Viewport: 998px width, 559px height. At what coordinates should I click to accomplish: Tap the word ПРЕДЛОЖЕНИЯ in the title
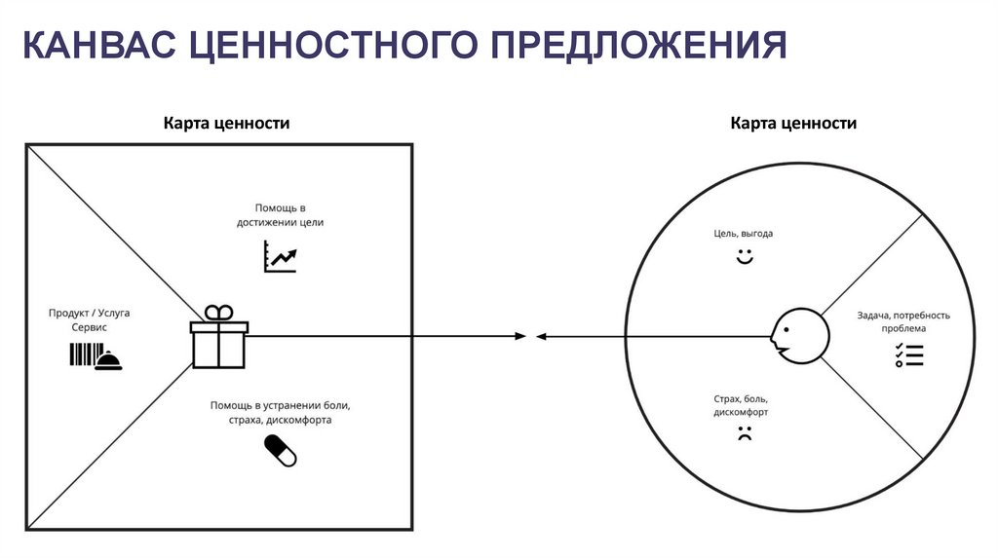639,46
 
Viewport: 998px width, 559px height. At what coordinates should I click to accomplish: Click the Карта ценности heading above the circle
793,124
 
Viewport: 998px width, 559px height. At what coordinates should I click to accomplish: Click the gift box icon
219,337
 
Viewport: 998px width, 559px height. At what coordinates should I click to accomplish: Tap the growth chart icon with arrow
280,258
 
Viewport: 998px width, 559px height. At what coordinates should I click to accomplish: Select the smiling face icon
745,259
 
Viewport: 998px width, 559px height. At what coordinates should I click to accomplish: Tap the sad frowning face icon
745,435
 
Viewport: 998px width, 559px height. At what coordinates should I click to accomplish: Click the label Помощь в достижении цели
280,215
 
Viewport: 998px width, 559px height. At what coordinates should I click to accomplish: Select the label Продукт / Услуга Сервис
90,320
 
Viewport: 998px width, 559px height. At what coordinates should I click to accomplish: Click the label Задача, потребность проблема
902,322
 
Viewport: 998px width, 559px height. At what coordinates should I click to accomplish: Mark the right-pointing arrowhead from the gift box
520,337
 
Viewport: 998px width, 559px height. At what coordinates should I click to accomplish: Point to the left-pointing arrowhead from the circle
541,337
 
